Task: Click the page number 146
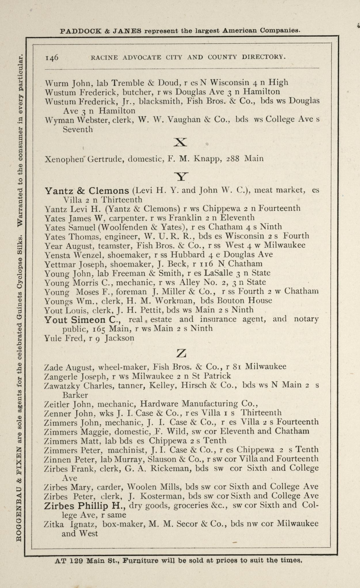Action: [52, 57]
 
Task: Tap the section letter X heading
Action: [181, 142]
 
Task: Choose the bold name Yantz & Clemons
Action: [87, 191]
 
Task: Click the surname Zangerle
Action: [61, 376]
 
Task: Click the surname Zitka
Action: [54, 524]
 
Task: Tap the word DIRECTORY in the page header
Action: [264, 57]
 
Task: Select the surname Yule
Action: [52, 338]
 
